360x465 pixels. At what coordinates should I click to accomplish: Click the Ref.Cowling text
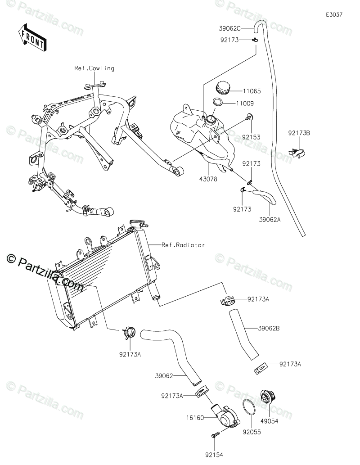[94, 68]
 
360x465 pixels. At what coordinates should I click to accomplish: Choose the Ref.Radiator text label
[184, 245]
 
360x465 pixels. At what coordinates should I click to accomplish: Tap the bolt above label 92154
[214, 435]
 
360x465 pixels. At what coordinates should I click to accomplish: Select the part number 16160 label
[196, 418]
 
